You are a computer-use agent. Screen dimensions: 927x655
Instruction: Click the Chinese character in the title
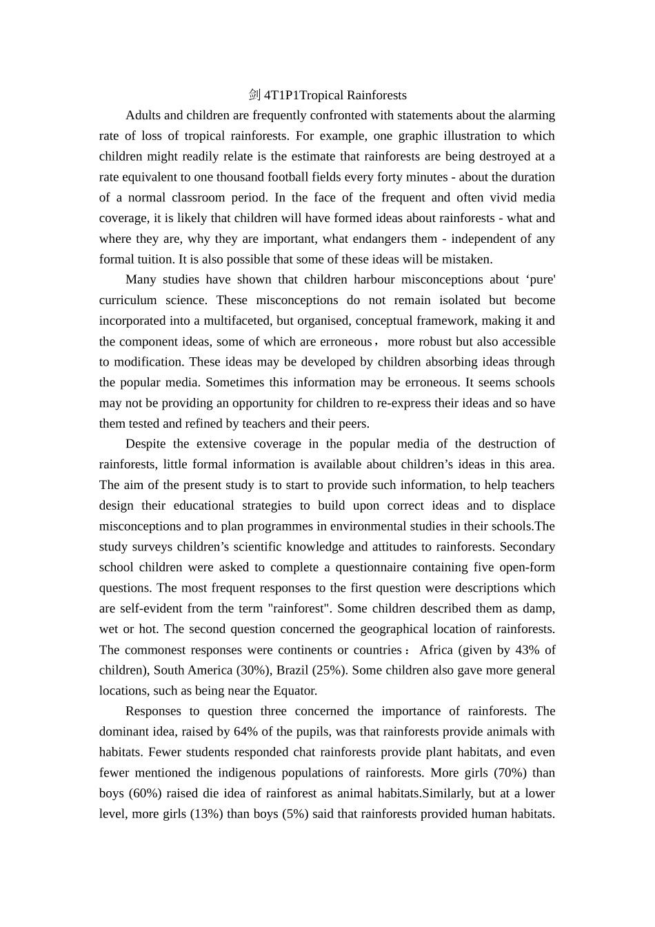tap(255, 95)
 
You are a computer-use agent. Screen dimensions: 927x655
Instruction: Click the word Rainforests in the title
tap(376, 95)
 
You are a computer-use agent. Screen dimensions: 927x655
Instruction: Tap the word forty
tap(390, 177)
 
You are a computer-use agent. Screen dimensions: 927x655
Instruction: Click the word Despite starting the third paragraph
tap(146, 444)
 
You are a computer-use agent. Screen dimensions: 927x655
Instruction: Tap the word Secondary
tap(527, 547)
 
